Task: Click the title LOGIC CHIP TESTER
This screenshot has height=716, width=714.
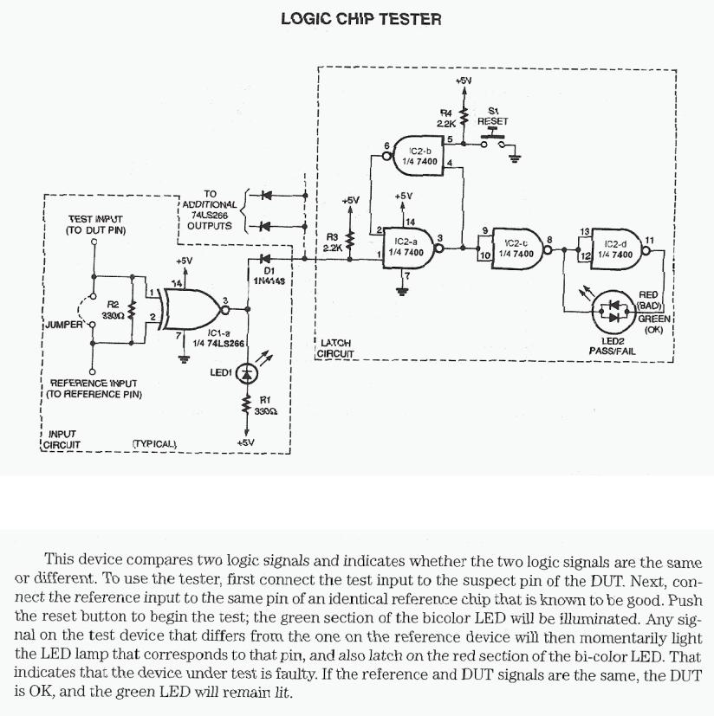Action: tap(360, 17)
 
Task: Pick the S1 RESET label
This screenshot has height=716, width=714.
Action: tap(493, 116)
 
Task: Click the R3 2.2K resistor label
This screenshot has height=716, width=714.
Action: tap(333, 242)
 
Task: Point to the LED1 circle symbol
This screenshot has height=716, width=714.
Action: tap(248, 372)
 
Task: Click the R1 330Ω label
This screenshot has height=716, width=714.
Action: tap(267, 405)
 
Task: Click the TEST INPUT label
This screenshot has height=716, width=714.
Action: tap(95, 226)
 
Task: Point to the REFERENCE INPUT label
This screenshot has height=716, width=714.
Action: tap(94, 388)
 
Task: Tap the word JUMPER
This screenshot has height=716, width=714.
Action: tap(63, 325)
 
